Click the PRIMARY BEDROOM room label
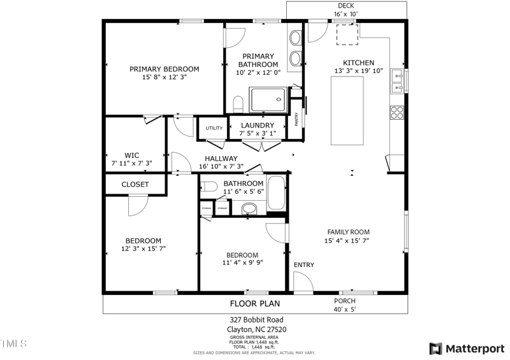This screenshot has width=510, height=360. coord(164,69)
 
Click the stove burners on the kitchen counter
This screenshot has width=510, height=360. coord(397,113)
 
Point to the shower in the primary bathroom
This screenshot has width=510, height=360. coord(269,100)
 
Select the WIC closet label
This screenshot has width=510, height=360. coord(132,155)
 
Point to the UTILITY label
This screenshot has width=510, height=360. coord(214,128)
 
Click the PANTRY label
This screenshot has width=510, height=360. coord(296,119)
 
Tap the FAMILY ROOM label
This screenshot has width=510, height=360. coord(348,232)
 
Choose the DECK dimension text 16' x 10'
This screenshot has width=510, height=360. coord(346,14)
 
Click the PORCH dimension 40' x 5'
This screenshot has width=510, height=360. coord(345,310)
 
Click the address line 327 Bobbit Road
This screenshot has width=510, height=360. coord(256,320)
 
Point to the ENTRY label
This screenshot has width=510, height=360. coord(303,265)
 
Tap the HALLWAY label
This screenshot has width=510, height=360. coord(221,159)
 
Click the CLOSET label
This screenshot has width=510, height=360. coord(135,185)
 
